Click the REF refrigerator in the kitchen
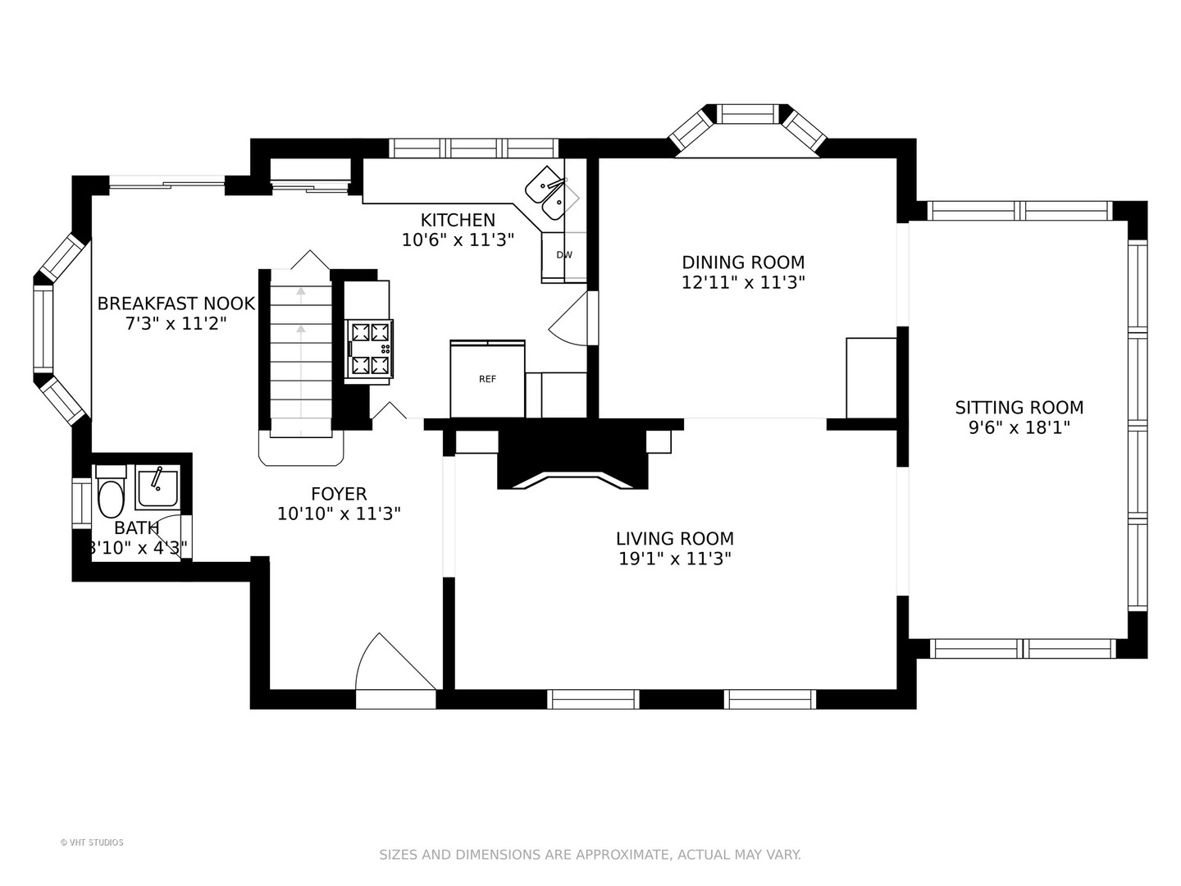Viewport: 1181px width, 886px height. (487, 379)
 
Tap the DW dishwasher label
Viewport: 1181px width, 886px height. (564, 255)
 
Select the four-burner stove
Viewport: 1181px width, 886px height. (370, 347)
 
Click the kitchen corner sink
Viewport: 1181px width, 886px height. (551, 194)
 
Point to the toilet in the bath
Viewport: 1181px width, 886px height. (111, 491)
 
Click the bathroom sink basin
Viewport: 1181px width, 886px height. (156, 488)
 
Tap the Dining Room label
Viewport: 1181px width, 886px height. (743, 263)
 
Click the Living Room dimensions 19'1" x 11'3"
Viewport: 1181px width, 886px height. (675, 559)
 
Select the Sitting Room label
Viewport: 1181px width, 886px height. (1019, 408)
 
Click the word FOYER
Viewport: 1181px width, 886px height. (339, 494)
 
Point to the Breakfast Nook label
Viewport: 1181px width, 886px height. (176, 304)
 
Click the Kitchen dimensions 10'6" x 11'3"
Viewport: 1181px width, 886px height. (458, 240)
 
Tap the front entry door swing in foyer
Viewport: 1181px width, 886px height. (395, 662)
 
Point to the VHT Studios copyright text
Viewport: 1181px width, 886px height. (92, 843)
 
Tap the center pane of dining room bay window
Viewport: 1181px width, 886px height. (747, 115)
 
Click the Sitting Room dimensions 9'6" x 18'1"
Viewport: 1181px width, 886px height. (1019, 428)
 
